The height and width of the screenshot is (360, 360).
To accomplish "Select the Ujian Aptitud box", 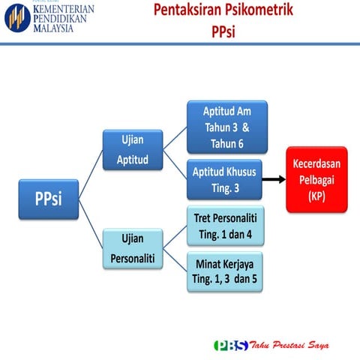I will click(133, 150).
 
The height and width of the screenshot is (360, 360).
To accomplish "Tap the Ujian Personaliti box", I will click(133, 249).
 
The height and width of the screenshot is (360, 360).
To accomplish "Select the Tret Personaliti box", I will click(226, 226).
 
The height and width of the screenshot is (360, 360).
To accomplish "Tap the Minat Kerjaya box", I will click(226, 273).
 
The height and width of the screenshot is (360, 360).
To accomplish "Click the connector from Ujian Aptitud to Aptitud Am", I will click(174, 138).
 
